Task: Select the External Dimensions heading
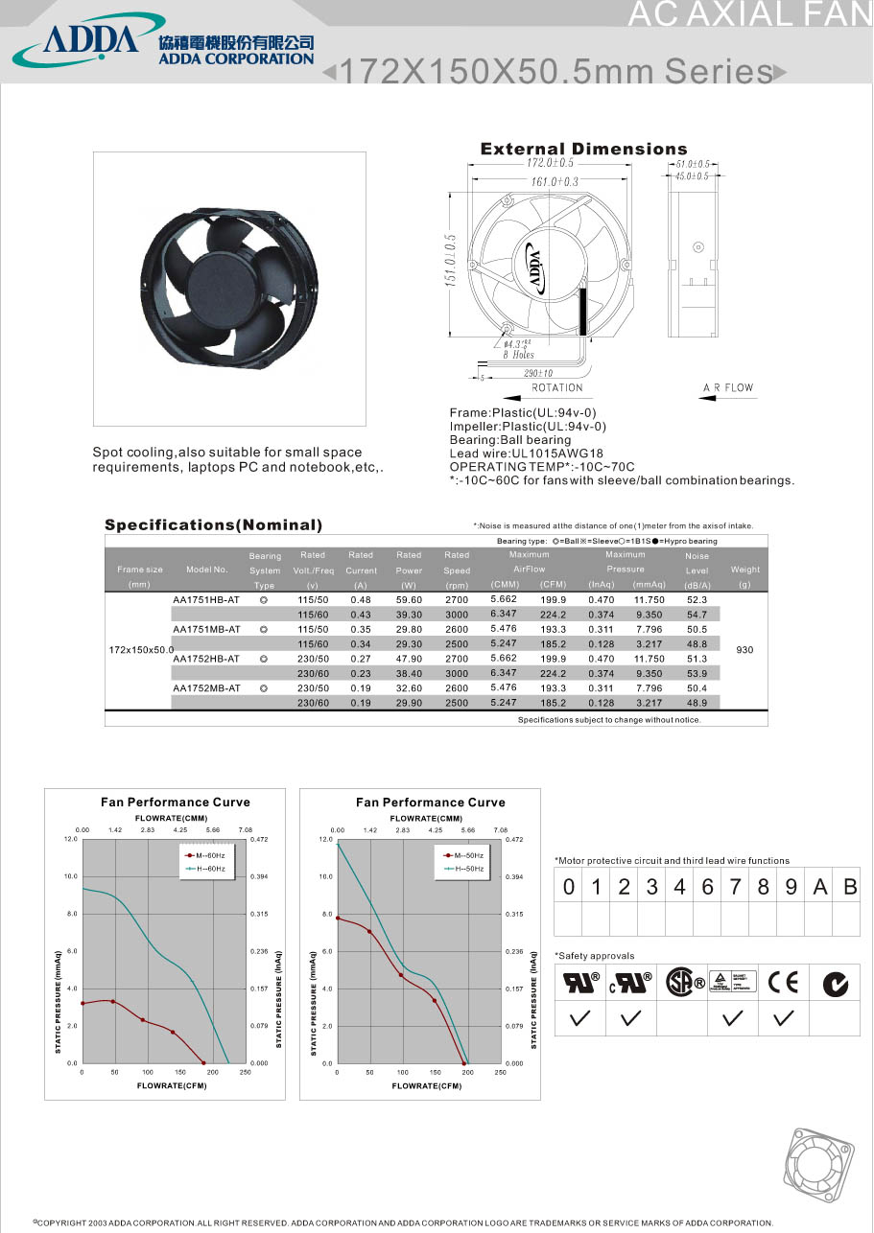coord(583,149)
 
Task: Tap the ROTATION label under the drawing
coord(557,387)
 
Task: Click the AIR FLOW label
coord(728,387)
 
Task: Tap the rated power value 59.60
coord(409,599)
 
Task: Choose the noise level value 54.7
coord(697,614)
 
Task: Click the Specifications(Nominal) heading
coord(213,525)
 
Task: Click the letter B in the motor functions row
coord(849,887)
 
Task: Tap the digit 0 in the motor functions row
coord(569,887)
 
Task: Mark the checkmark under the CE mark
coord(785,1018)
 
